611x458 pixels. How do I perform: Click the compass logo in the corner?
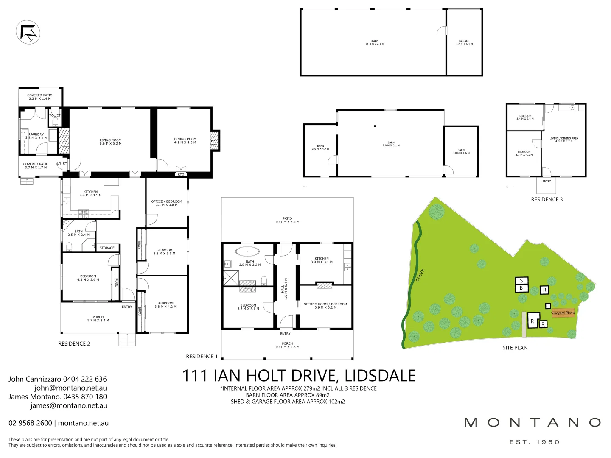point(28,32)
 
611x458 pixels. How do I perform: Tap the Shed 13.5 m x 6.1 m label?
point(375,43)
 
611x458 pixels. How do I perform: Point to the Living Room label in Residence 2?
point(110,142)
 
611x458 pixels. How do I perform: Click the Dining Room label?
point(185,141)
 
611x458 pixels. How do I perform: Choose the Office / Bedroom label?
point(166,203)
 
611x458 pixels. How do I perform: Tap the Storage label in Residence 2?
point(107,248)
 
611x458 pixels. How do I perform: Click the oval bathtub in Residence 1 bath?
point(247,251)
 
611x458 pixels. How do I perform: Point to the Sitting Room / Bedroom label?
point(325,305)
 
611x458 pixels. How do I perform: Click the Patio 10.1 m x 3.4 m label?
point(287,220)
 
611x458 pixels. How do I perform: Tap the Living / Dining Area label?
point(564,140)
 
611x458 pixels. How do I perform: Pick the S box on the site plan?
point(521,281)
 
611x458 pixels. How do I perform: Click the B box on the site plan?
point(521,288)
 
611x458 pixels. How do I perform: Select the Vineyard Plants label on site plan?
point(563,313)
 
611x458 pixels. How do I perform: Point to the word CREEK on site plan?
point(420,275)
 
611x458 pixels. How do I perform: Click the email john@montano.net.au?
point(70,388)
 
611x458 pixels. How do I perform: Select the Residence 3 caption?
point(547,199)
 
